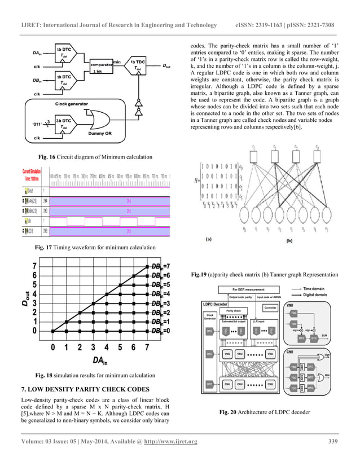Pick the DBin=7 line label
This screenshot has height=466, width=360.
[x=161, y=266]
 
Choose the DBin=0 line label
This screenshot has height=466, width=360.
[x=161, y=331]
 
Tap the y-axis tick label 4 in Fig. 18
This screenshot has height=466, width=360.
[x=35, y=293]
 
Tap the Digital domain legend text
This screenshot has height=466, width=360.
[x=326, y=294]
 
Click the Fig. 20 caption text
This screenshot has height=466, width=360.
[x=265, y=412]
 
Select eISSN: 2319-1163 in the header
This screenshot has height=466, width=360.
[x=261, y=25]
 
